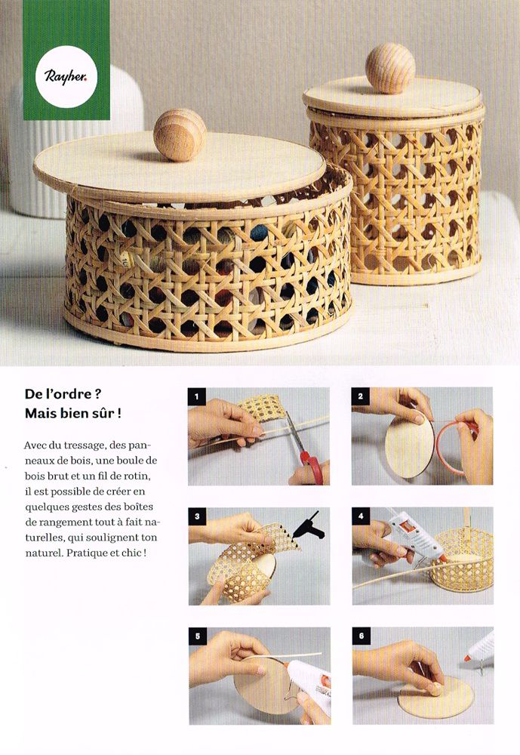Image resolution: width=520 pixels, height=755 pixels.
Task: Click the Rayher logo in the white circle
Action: click(x=66, y=76)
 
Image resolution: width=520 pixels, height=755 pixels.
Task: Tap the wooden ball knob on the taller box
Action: click(x=390, y=68)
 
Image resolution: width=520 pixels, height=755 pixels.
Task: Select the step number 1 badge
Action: click(x=196, y=397)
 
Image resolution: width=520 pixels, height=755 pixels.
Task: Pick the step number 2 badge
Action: click(x=360, y=396)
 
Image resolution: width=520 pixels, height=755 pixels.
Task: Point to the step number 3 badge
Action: click(x=197, y=516)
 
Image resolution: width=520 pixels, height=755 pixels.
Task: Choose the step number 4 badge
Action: click(x=361, y=516)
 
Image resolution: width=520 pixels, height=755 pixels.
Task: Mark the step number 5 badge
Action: click(x=198, y=636)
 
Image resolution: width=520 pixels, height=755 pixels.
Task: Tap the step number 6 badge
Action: click(x=361, y=636)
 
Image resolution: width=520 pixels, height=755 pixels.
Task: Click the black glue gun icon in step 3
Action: click(x=308, y=525)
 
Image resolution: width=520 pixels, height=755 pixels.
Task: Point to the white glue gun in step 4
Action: click(x=415, y=536)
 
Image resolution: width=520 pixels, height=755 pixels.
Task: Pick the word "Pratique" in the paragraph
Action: click(x=88, y=553)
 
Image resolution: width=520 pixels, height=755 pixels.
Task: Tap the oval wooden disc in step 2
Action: click(x=409, y=447)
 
